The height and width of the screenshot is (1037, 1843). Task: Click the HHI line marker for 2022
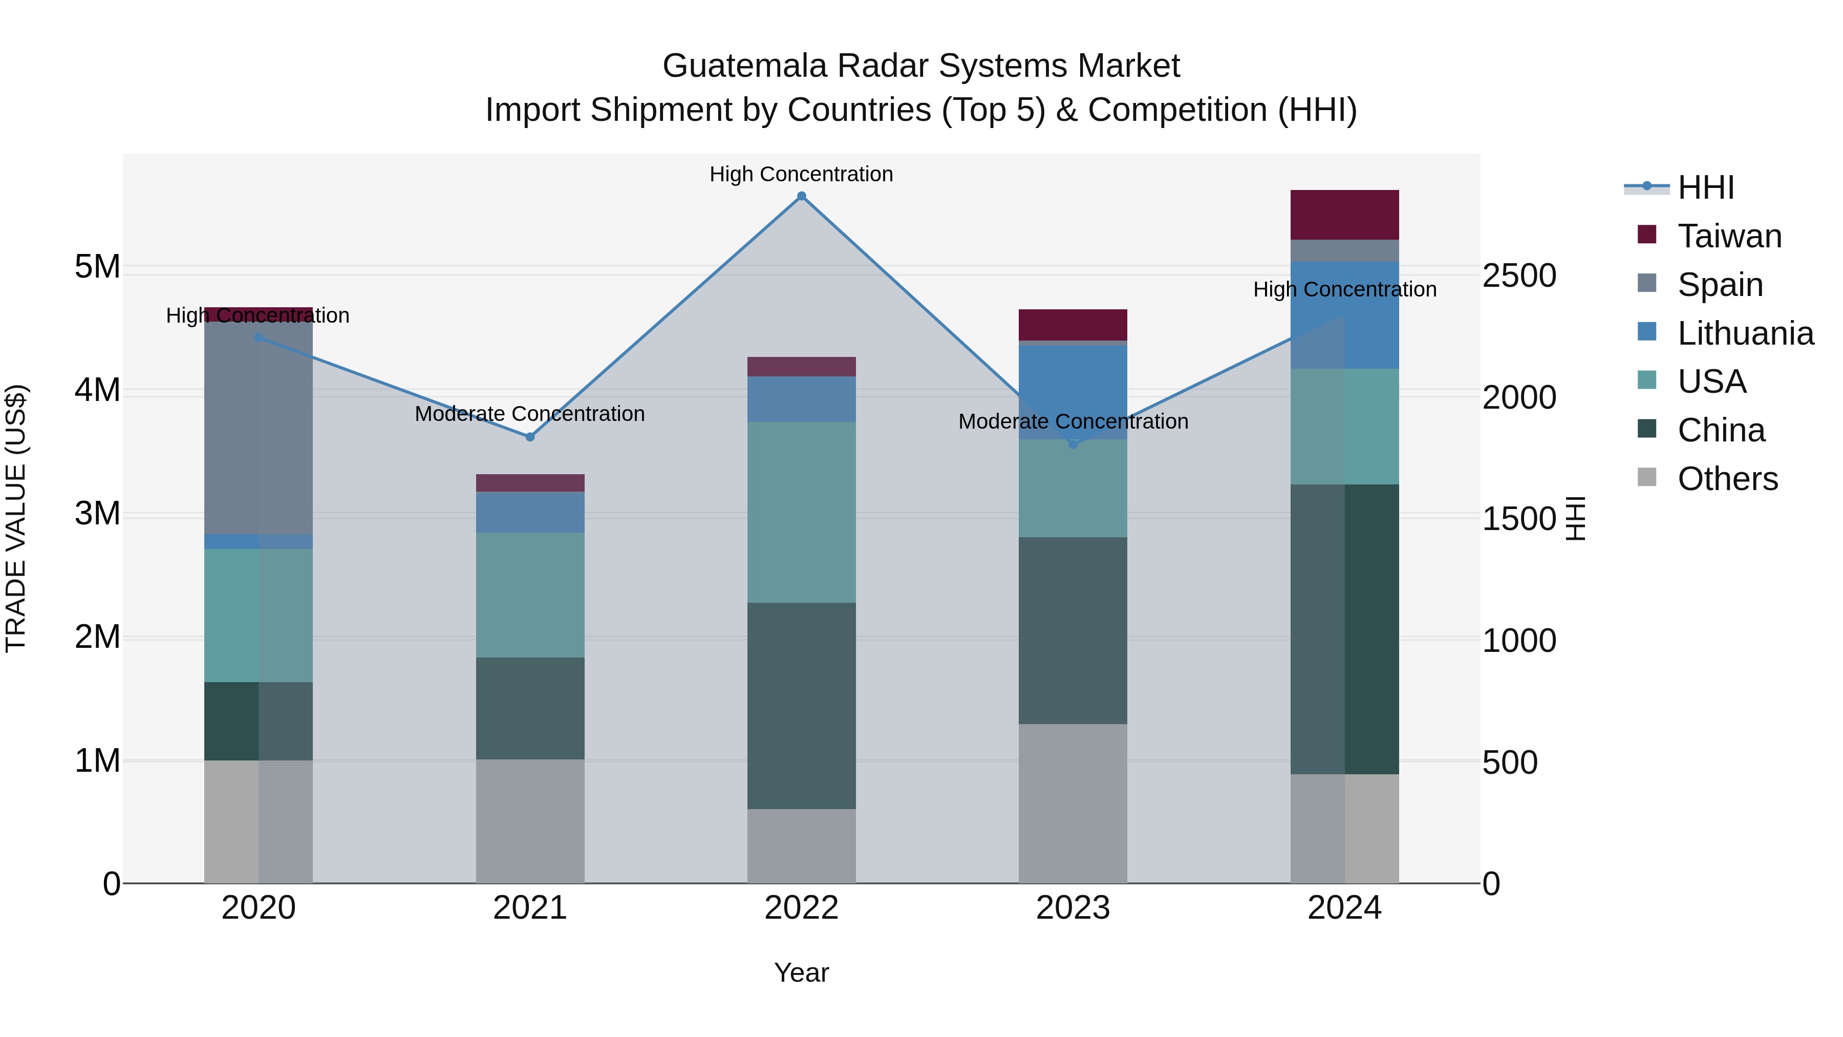(x=801, y=196)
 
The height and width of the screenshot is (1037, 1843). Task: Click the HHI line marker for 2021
(x=530, y=436)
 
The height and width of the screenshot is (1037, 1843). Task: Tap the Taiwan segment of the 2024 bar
(x=1344, y=215)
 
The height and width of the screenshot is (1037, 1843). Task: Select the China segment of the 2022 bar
(x=801, y=706)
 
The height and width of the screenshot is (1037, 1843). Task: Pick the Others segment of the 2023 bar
(x=1073, y=803)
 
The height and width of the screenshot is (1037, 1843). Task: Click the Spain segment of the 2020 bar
(x=259, y=428)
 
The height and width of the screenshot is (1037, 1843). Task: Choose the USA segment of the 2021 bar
(x=530, y=595)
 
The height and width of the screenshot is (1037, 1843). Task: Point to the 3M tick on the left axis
(x=97, y=513)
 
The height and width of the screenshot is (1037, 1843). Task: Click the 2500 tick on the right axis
(x=1519, y=276)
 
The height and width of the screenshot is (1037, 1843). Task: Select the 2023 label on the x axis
(x=1073, y=908)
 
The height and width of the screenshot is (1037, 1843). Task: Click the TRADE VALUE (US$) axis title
(x=16, y=518)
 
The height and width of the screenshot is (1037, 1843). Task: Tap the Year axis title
(x=801, y=972)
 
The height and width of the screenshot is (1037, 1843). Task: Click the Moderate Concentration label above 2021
(x=530, y=414)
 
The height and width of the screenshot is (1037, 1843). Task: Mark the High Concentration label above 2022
(x=801, y=174)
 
